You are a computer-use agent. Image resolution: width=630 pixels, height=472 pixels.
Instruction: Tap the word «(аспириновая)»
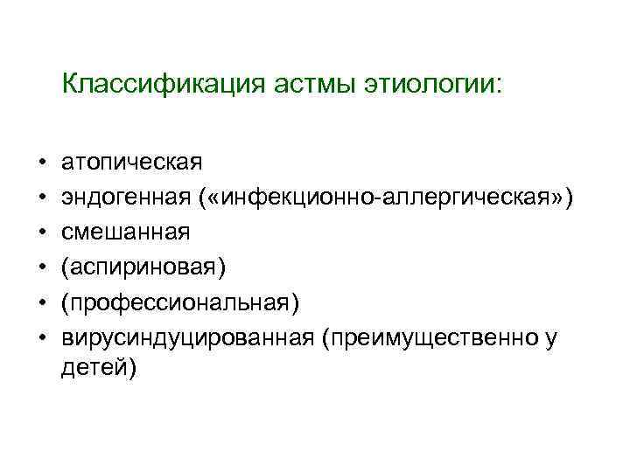point(143,267)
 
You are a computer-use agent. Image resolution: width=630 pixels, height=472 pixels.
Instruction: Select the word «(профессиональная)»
point(180,302)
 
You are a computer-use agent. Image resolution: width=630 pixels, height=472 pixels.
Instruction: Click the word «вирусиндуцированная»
point(186,337)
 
